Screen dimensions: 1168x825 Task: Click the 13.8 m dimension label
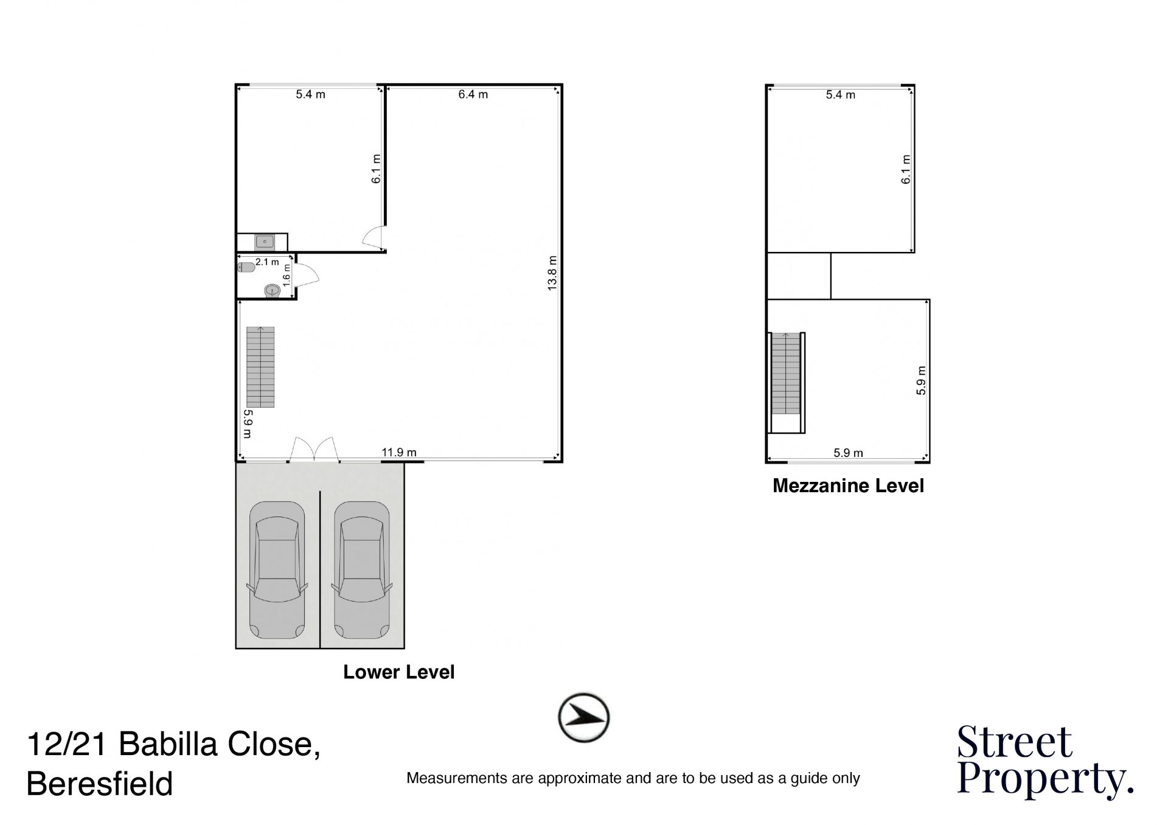552,273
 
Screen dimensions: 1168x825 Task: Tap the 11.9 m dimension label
399,453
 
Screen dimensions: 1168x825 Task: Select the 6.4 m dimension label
473,94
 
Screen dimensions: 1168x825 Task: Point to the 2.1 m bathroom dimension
267,262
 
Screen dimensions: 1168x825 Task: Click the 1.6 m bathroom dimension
287,276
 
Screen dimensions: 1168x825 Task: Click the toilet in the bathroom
246,268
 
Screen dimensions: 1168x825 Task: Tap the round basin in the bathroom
273,291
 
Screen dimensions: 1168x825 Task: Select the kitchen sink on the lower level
265,242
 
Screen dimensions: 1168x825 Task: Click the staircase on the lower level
260,367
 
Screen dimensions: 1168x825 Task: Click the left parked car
277,570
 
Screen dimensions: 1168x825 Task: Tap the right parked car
362,570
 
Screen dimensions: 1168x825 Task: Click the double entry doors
314,449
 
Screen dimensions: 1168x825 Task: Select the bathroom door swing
307,276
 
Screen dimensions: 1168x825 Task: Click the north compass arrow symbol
584,717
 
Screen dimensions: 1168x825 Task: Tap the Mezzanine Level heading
848,486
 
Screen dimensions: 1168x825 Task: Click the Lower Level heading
399,672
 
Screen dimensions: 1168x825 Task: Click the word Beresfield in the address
100,784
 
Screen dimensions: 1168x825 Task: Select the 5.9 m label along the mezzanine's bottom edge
848,453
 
